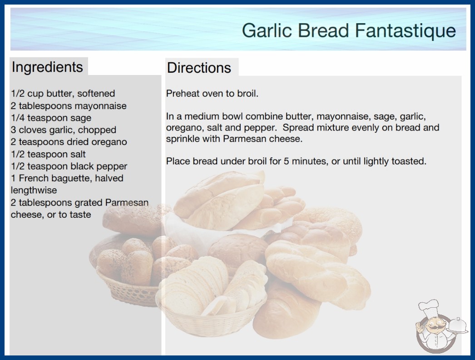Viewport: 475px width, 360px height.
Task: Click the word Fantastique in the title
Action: [x=405, y=31]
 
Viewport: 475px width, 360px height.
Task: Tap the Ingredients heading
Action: [x=47, y=67]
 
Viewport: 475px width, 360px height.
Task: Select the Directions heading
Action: [x=199, y=68]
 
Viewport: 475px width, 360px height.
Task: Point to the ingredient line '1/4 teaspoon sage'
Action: [x=51, y=118]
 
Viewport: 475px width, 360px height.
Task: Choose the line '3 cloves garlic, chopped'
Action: [x=64, y=130]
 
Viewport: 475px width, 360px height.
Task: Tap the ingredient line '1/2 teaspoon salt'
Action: [x=48, y=154]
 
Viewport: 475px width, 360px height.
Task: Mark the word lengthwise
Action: [x=34, y=190]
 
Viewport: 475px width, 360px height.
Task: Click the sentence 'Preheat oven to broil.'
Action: [x=212, y=94]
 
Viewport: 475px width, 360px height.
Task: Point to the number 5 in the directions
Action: [x=286, y=161]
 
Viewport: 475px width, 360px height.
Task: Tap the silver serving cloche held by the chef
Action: [x=457, y=325]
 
